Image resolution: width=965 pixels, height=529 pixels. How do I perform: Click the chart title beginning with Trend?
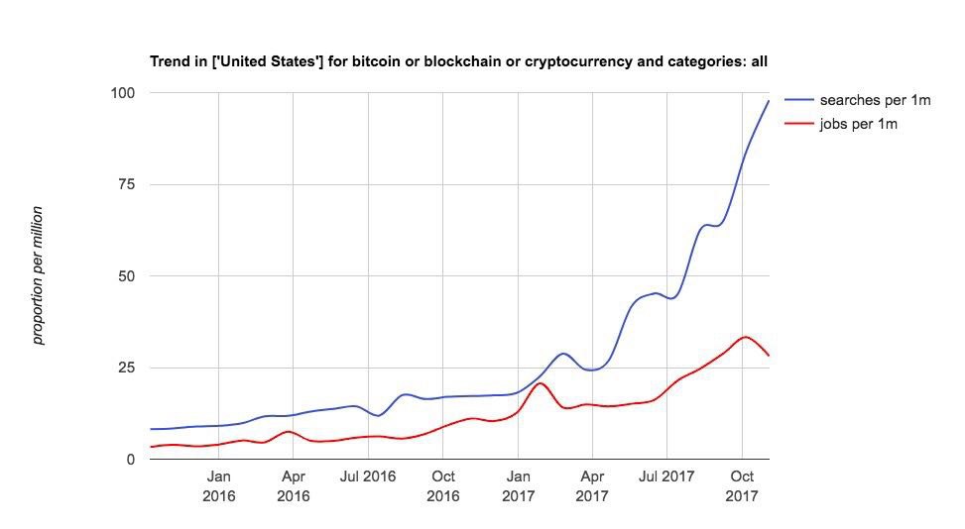(458, 61)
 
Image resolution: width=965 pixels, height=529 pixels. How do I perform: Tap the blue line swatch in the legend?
(798, 101)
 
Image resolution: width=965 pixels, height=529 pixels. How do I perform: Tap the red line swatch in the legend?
(798, 124)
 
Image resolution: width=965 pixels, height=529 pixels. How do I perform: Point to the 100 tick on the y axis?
(122, 93)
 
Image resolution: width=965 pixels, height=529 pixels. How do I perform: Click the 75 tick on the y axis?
(126, 185)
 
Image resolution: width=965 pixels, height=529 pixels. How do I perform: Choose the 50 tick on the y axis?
(126, 276)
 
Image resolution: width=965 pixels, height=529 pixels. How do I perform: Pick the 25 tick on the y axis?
(126, 369)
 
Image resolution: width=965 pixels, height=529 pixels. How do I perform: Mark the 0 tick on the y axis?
(130, 460)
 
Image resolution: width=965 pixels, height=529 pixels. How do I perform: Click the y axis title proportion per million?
(38, 275)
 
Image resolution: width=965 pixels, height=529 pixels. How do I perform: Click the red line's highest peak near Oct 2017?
(745, 337)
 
